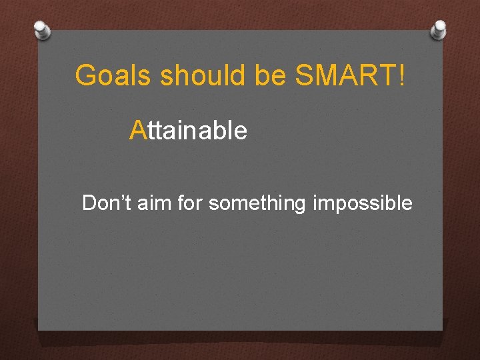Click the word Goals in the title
point(113,76)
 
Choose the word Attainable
point(189,131)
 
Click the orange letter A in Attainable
point(137,131)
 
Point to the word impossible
point(361,203)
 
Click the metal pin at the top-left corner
point(42,29)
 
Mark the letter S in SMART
point(303,76)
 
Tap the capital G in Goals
point(85,76)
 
